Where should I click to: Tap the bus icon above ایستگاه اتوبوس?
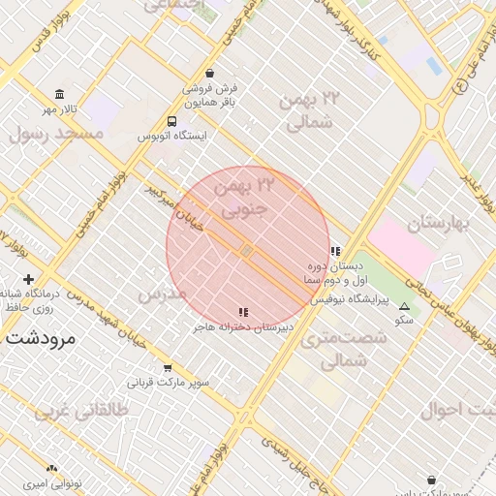(x=171, y=122)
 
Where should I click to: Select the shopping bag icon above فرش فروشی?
(x=211, y=73)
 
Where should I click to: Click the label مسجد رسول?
(x=55, y=134)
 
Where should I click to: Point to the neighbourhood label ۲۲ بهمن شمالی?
(x=311, y=110)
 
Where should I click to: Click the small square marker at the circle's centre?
(x=248, y=251)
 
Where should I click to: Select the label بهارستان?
(x=437, y=224)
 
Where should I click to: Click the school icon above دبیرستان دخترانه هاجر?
(x=243, y=312)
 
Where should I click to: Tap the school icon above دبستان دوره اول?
(x=335, y=251)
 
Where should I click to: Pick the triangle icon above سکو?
(x=404, y=306)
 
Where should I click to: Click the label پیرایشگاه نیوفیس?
(x=349, y=301)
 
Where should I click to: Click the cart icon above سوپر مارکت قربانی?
(x=168, y=368)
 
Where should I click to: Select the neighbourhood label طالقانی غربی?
(x=81, y=410)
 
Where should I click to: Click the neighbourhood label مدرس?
(x=162, y=293)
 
